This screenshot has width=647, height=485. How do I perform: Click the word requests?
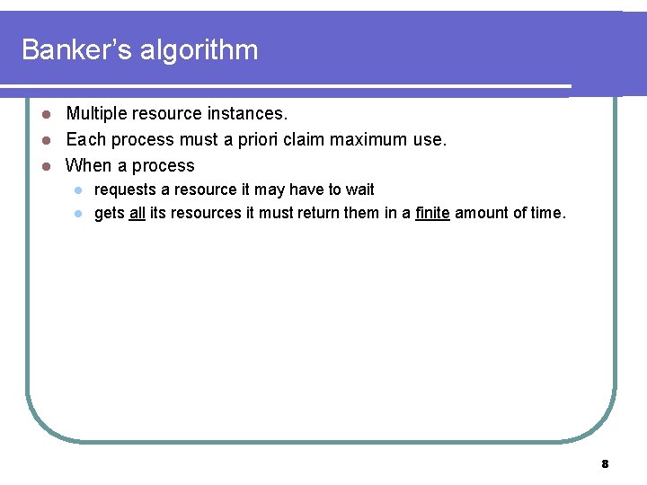[x=124, y=190]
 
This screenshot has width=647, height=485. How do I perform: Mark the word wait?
[x=359, y=190]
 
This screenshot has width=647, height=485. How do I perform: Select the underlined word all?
[x=137, y=213]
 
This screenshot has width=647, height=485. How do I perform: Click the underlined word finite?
[x=432, y=213]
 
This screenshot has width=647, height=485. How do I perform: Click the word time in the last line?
[x=547, y=213]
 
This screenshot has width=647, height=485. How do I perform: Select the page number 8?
[x=605, y=464]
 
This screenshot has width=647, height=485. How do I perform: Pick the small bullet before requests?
[x=78, y=190]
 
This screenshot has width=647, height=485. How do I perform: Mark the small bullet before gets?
[x=78, y=214]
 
